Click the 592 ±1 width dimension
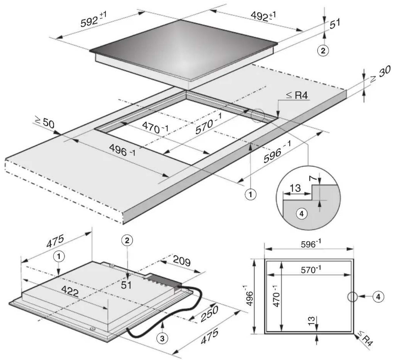93,19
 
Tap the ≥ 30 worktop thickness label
380,74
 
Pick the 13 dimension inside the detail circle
295,188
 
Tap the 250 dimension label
210,314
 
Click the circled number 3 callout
162,338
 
